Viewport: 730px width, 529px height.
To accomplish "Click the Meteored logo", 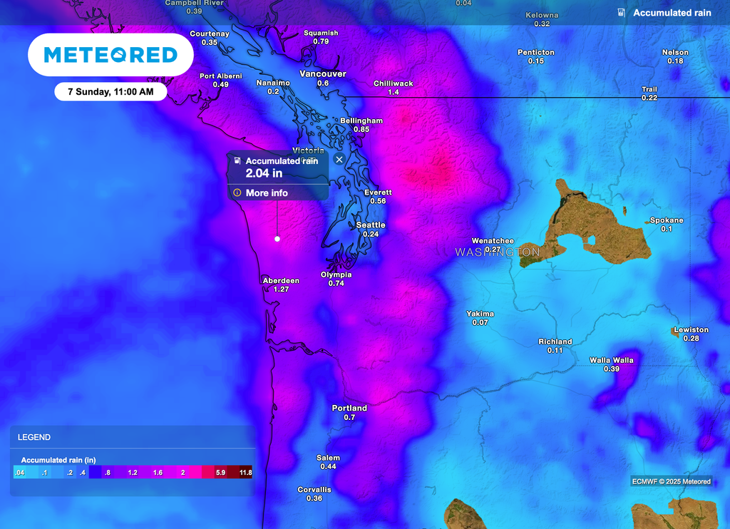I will pos(110,55).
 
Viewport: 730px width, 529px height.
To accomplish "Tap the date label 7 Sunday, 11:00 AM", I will pos(110,92).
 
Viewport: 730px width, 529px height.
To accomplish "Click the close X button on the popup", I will pos(339,160).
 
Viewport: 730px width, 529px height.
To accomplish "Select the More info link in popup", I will pos(267,192).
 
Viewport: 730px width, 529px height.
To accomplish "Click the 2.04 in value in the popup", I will pos(264,173).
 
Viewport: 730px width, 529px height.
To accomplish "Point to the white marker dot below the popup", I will pos(277,239).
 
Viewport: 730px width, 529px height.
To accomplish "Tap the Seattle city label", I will pos(371,225).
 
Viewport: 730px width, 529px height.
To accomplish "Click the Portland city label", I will pos(349,409).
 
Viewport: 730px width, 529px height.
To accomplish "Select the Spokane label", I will pos(667,220).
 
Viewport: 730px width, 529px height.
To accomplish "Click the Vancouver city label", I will pos(322,74).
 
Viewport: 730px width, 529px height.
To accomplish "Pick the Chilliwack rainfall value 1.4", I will pos(394,93).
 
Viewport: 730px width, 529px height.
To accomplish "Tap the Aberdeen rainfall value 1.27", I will pos(281,289).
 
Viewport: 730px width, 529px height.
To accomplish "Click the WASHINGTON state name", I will pos(498,252).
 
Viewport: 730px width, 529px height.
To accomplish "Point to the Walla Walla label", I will pos(612,360).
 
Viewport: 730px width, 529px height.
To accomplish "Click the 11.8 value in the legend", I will pos(245,473).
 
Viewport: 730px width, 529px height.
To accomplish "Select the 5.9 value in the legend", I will pos(221,473).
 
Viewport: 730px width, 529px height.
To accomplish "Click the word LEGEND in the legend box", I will pos(34,437).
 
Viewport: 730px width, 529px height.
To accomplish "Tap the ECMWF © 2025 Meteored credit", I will pos(671,481).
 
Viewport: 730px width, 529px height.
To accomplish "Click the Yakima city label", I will pos(480,314).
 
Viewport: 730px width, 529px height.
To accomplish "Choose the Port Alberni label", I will pos(220,76).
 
